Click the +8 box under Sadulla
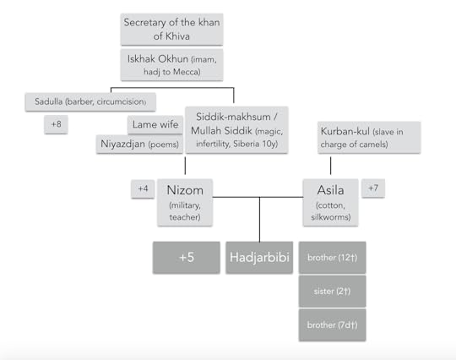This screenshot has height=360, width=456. (x=57, y=125)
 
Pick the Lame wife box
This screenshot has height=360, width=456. (x=154, y=125)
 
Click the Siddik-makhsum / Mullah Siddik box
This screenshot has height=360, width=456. (x=235, y=129)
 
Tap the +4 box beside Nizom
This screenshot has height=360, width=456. (x=142, y=188)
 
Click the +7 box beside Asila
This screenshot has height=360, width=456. (x=372, y=188)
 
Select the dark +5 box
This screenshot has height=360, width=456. (x=187, y=257)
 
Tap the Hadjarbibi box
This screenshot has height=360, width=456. (x=258, y=257)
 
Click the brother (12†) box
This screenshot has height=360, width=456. (x=332, y=257)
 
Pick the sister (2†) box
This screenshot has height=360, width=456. (x=332, y=291)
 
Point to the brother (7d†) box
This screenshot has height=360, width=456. (x=332, y=325)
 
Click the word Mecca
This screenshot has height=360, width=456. (x=204, y=71)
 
